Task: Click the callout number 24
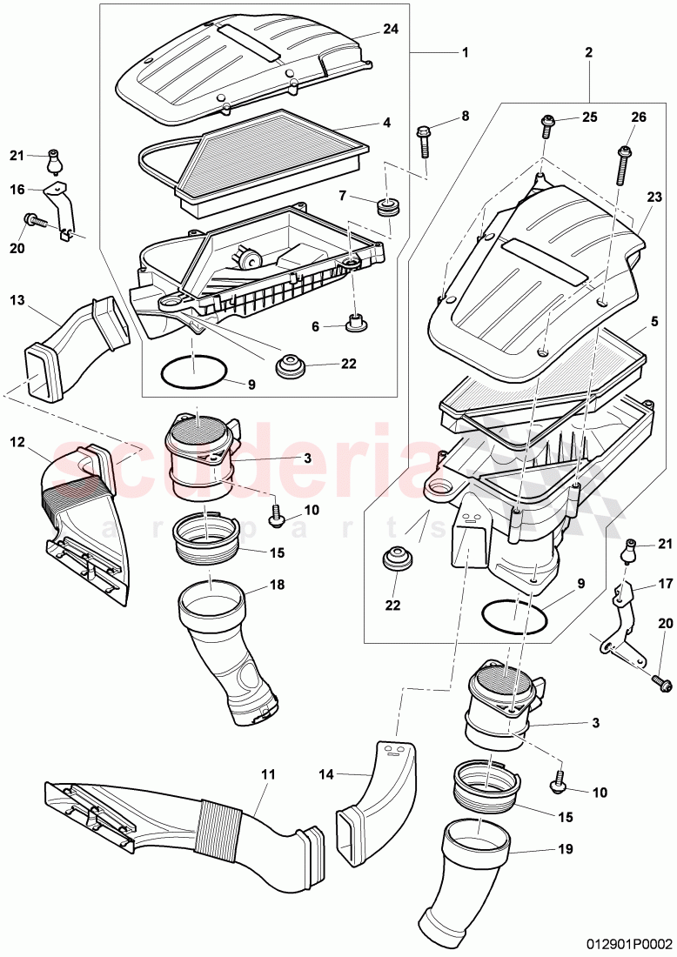point(391,29)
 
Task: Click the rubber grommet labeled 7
point(385,207)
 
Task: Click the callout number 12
point(17,441)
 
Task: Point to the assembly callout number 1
point(465,52)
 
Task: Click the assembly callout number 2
point(589,52)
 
